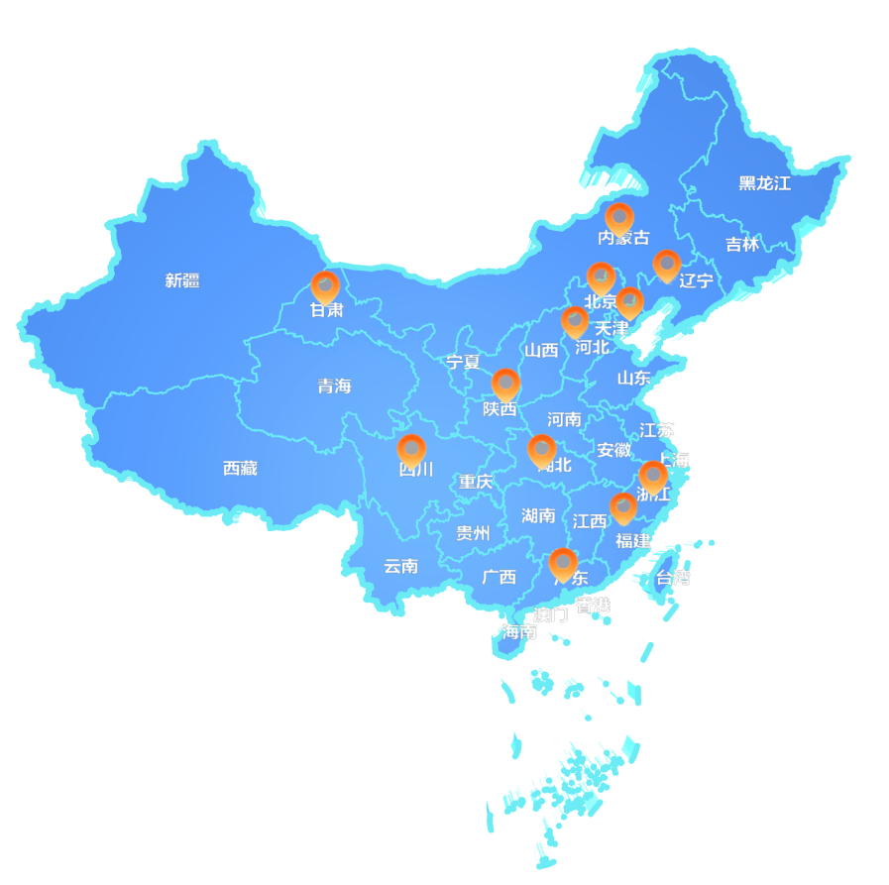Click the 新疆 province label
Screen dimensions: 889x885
click(182, 280)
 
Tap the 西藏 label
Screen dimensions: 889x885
click(240, 468)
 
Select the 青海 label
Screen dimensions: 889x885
click(334, 386)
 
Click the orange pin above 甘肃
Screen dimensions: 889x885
click(325, 285)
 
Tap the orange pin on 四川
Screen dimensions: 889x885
click(411, 449)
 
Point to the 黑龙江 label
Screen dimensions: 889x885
click(764, 183)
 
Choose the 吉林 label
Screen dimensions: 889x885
click(741, 244)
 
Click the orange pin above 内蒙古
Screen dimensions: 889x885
click(619, 217)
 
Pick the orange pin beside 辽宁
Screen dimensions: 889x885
click(666, 265)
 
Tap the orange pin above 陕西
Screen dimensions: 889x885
click(505, 383)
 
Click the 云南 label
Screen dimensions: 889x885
click(400, 566)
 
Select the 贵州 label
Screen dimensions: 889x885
click(473, 533)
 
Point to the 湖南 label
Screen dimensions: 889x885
click(538, 514)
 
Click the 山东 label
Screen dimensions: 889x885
click(633, 378)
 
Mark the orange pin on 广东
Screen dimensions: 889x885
click(563, 563)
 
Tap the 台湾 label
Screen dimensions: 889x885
click(673, 578)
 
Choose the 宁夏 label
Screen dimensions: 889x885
click(462, 362)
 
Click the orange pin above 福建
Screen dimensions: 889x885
click(623, 507)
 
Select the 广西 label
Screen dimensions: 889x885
click(499, 577)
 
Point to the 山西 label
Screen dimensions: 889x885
click(541, 350)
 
